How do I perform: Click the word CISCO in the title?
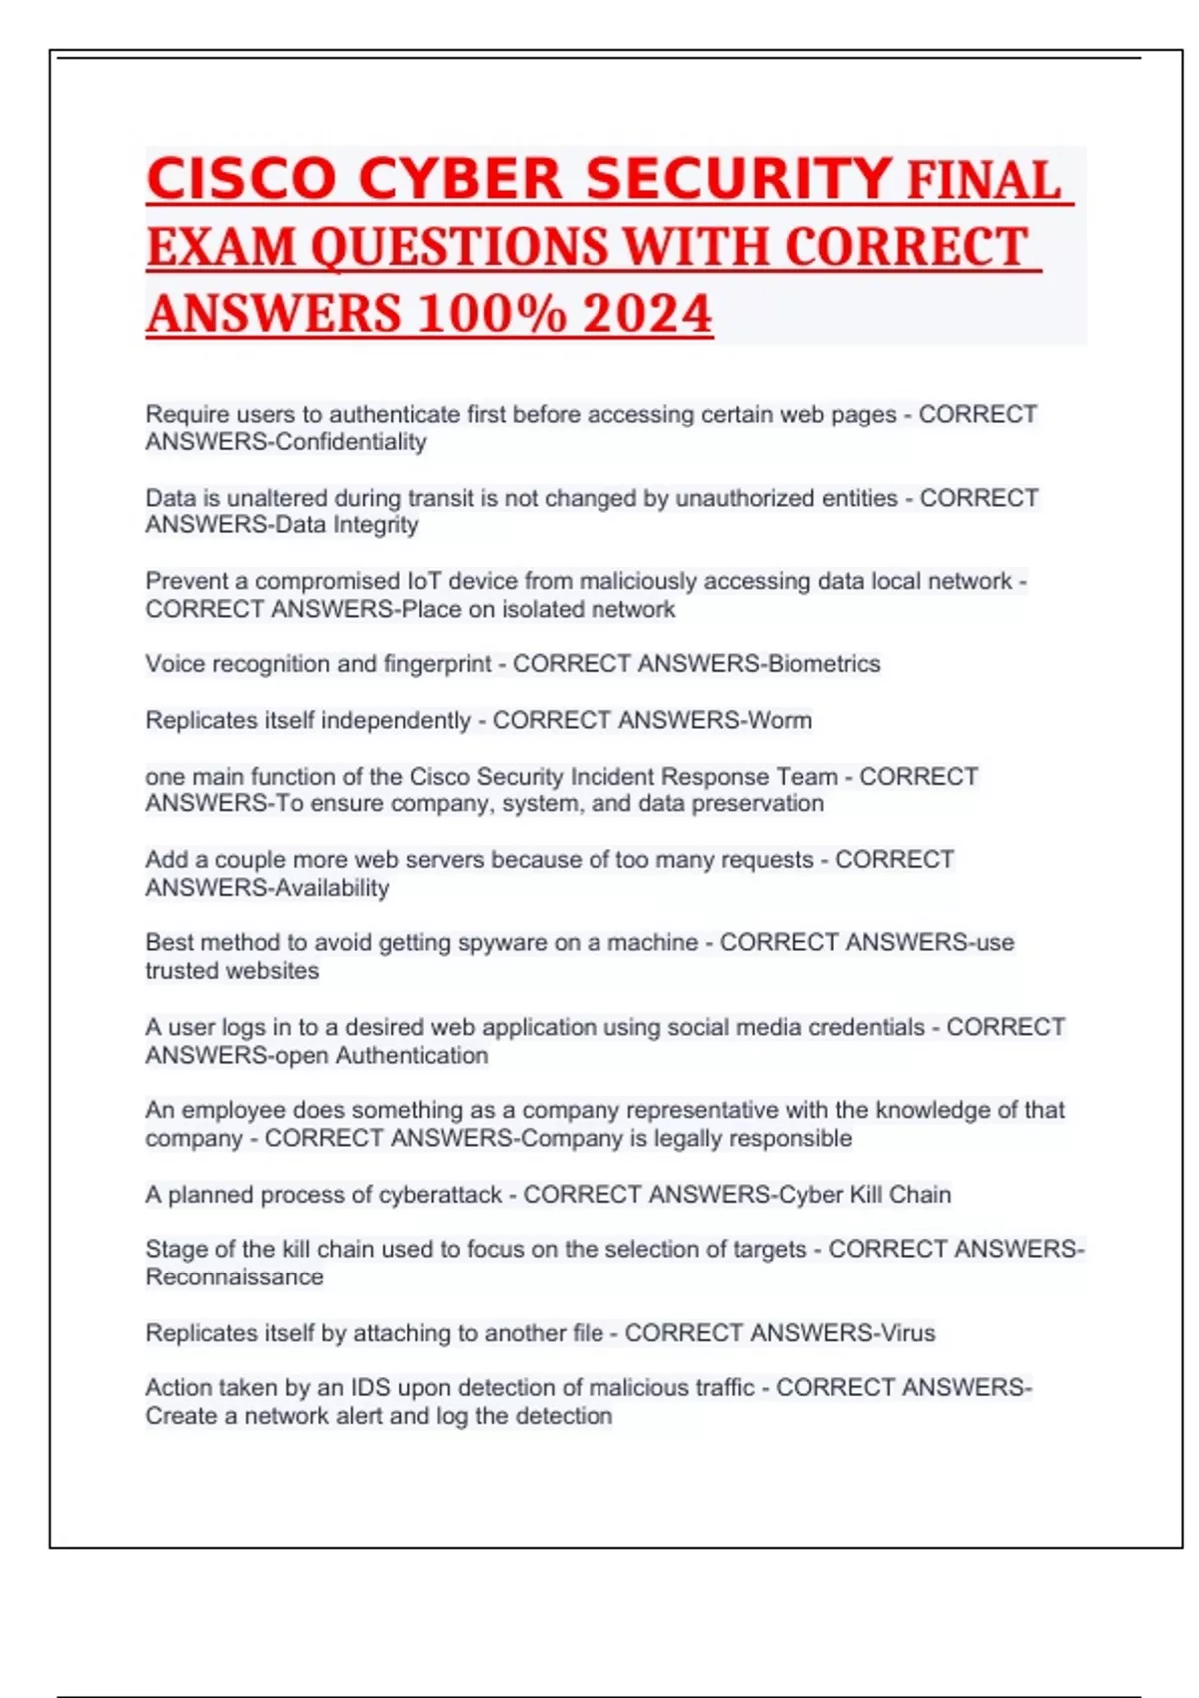(x=241, y=180)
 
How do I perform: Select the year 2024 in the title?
(x=647, y=314)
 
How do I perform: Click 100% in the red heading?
(x=491, y=314)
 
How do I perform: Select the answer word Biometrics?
(x=824, y=664)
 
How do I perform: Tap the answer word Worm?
(x=780, y=720)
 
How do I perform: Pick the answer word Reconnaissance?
(x=234, y=1277)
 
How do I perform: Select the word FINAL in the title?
(x=984, y=182)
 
